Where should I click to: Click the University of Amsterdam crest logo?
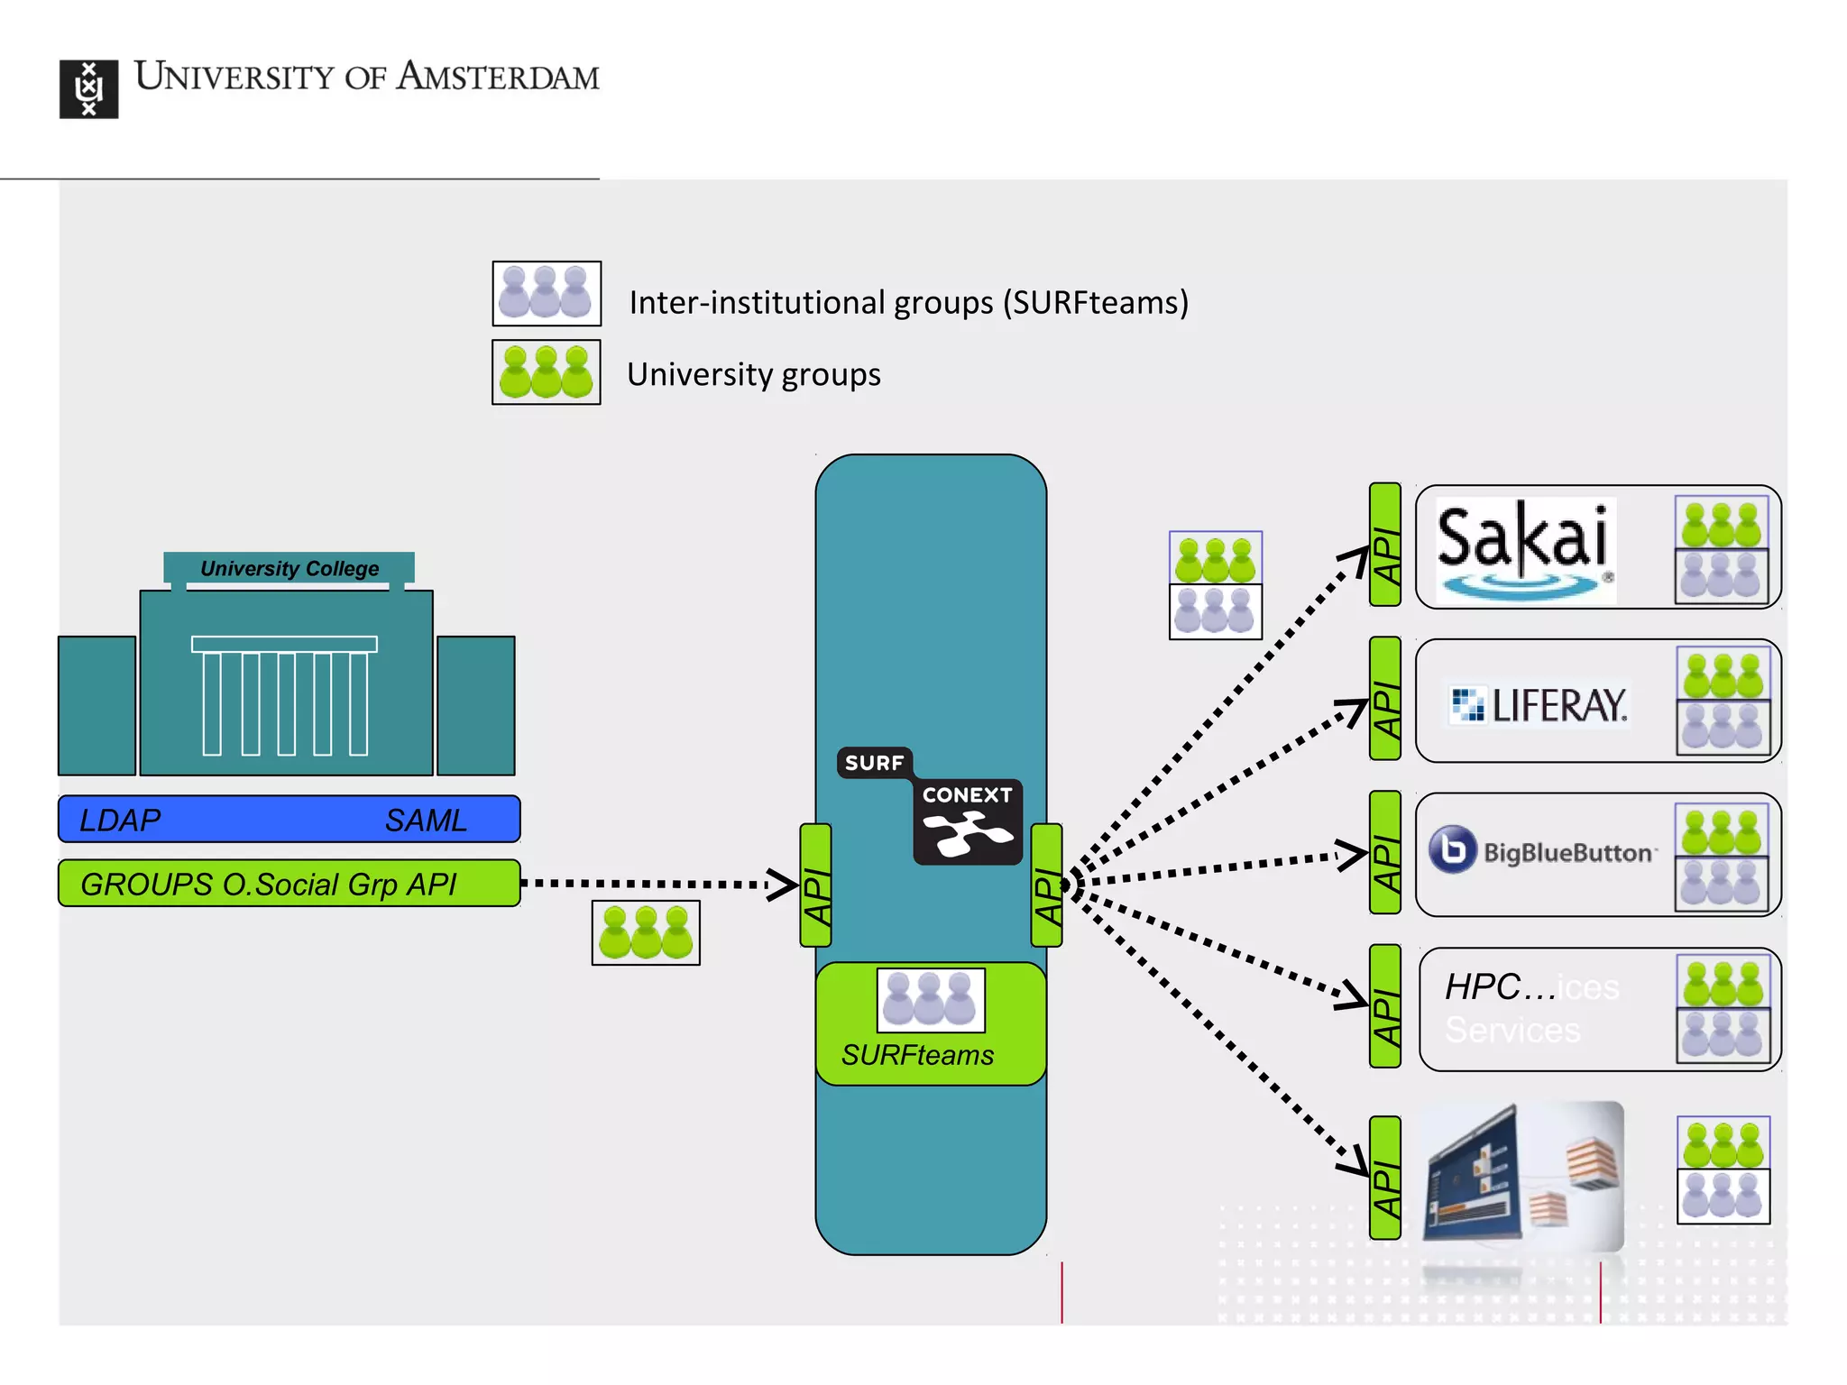(x=88, y=89)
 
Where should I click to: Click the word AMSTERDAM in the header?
(x=498, y=77)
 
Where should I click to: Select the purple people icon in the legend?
(x=547, y=293)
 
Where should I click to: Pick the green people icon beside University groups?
(x=547, y=372)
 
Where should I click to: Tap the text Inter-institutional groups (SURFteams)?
(x=908, y=303)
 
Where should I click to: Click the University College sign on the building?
(x=289, y=568)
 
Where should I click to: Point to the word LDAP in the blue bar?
(x=120, y=820)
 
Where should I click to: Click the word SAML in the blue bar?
(x=425, y=820)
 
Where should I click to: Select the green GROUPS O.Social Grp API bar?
(x=289, y=884)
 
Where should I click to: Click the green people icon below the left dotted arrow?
(x=646, y=933)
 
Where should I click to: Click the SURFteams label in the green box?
(x=917, y=1055)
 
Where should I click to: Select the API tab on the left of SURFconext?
(x=815, y=885)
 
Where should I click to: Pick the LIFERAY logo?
(x=1539, y=705)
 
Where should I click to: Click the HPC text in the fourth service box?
(x=1483, y=986)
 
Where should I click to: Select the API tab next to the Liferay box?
(x=1385, y=699)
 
